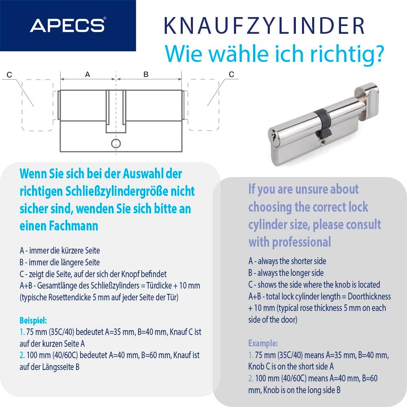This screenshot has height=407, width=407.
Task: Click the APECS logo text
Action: click(x=67, y=25)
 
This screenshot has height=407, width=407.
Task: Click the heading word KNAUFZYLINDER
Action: click(x=264, y=26)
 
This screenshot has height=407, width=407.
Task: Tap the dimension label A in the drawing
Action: click(x=87, y=74)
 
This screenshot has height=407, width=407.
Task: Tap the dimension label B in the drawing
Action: click(x=146, y=74)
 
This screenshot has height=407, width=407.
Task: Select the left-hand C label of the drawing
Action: click(x=9, y=74)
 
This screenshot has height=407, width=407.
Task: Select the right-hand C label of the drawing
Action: click(x=232, y=74)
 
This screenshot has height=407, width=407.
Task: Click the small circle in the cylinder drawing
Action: click(x=116, y=143)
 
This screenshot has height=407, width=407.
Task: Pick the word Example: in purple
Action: click(x=263, y=343)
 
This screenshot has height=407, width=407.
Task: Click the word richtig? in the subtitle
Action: click(x=350, y=54)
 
